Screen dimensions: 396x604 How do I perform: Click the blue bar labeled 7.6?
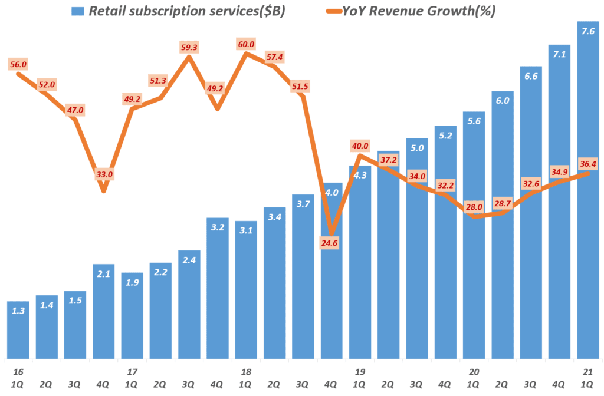[588, 194]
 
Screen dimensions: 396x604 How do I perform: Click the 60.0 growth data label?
[247, 44]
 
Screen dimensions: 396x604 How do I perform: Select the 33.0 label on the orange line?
[104, 174]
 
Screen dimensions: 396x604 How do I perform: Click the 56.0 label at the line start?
[18, 64]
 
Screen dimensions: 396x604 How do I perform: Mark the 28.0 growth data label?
[474, 207]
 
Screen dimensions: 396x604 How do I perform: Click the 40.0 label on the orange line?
[360, 146]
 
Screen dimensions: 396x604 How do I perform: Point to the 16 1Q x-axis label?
[18, 378]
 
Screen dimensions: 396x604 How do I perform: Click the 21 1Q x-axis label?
[588, 378]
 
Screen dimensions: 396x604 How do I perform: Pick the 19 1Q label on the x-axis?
[360, 378]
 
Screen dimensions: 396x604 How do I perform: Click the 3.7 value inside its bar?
[303, 204]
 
